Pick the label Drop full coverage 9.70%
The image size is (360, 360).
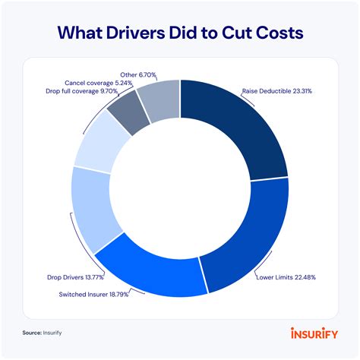tap(83, 90)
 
